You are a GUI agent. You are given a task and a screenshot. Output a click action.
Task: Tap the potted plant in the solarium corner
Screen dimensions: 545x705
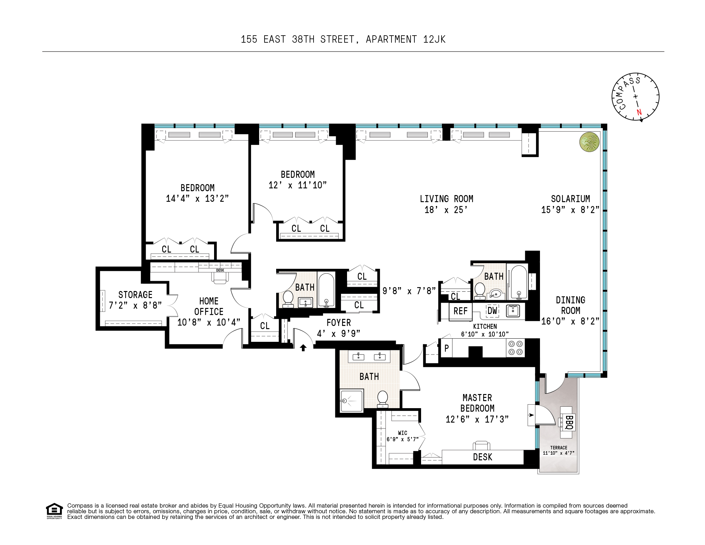(589, 142)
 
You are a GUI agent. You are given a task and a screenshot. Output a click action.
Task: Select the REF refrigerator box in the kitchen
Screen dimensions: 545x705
(460, 311)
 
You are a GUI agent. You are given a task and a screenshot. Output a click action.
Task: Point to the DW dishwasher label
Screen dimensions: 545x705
(492, 311)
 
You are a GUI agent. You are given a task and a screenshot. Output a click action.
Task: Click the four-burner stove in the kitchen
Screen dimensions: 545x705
(516, 348)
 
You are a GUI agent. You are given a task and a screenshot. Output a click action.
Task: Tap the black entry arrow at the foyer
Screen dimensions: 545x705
(303, 348)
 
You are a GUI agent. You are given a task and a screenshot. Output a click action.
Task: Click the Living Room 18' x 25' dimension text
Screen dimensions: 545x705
(446, 210)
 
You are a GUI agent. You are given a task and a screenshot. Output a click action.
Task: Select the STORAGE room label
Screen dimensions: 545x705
(135, 295)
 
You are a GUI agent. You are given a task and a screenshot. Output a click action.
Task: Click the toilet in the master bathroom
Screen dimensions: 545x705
(383, 399)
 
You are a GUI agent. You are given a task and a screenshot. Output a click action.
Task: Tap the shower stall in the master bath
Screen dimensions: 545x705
(351, 401)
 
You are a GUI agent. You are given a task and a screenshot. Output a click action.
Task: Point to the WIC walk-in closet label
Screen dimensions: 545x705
(402, 433)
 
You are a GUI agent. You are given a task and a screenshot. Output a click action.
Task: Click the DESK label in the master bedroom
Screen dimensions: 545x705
(482, 457)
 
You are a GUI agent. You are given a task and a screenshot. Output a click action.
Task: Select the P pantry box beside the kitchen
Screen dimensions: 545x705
(446, 348)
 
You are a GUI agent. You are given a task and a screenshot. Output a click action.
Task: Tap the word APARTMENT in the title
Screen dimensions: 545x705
(391, 39)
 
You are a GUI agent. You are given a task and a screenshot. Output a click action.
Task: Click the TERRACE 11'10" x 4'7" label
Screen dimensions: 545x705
(559, 450)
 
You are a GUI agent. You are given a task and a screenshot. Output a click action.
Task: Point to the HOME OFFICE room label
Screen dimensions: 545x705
(209, 306)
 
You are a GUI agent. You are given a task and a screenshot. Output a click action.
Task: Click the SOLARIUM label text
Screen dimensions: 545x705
(570, 199)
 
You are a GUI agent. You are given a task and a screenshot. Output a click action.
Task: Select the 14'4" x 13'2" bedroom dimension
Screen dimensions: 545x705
(197, 199)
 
